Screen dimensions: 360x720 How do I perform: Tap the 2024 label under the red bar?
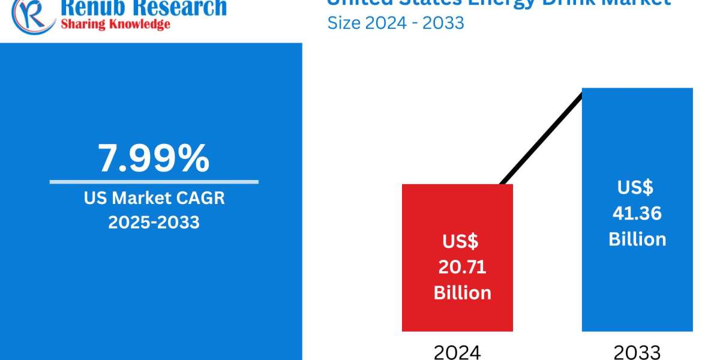[457, 352]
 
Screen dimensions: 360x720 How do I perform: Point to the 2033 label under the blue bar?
[637, 352]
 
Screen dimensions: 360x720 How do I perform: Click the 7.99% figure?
[154, 158]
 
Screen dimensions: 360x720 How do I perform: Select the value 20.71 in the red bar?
[462, 267]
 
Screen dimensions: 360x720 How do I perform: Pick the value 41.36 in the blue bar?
[637, 213]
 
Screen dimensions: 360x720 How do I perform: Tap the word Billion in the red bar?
[462, 293]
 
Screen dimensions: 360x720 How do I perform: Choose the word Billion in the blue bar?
[637, 239]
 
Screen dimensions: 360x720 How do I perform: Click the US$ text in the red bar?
[461, 241]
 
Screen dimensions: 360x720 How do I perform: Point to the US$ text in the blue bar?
[635, 187]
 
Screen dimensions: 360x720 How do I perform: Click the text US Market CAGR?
[154, 198]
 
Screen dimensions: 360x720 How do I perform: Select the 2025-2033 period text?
[154, 222]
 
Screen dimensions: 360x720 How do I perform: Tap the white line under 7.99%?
[154, 181]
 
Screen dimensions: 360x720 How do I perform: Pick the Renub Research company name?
[143, 7]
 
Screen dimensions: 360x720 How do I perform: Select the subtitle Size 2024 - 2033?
[395, 23]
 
